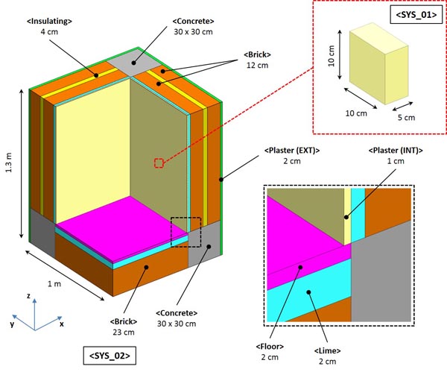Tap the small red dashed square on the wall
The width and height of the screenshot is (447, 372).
[x=158, y=163]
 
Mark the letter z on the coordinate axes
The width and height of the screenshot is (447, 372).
[x=28, y=297]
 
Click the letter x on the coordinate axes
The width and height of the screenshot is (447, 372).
[x=61, y=324]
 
